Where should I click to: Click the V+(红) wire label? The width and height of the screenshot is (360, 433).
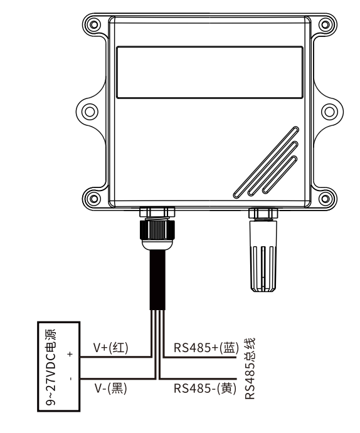[x=111, y=348]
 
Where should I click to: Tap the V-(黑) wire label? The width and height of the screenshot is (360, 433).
[x=110, y=389]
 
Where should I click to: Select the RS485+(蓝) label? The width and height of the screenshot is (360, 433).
[x=206, y=348]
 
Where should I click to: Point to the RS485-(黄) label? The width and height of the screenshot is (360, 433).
[x=205, y=389]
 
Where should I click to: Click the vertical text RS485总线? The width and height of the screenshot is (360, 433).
[x=250, y=368]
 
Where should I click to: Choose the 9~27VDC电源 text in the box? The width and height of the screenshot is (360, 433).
[x=51, y=367]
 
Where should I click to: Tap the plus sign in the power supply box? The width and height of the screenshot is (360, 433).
[x=70, y=354]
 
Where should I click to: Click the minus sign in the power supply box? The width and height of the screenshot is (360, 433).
[x=71, y=379]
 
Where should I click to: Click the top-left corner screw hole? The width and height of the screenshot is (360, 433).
[x=94, y=24]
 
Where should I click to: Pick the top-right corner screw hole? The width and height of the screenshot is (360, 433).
[x=326, y=24]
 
